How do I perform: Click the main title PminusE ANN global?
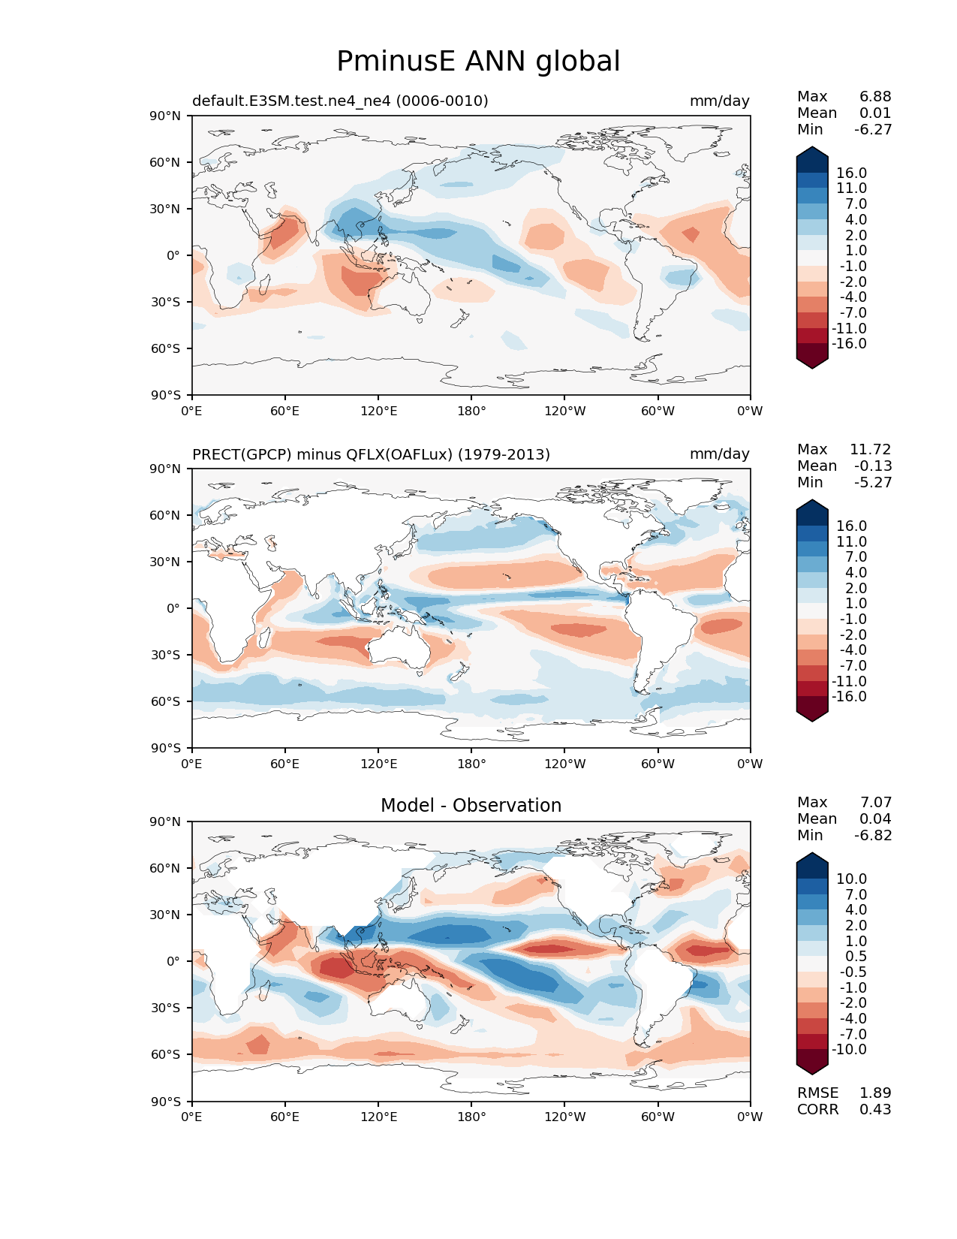pyautogui.click(x=478, y=62)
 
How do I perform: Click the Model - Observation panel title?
pyautogui.click(x=471, y=806)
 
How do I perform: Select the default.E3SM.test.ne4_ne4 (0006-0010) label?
pyautogui.click(x=340, y=101)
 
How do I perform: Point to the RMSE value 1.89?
pyautogui.click(x=875, y=1093)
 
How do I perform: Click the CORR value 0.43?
pyautogui.click(x=875, y=1109)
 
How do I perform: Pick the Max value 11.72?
pyautogui.click(x=870, y=449)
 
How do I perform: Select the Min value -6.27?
pyautogui.click(x=873, y=129)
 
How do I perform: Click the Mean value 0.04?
pyautogui.click(x=875, y=818)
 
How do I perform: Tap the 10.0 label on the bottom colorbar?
pyautogui.click(x=851, y=879)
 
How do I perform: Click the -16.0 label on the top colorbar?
pyautogui.click(x=849, y=343)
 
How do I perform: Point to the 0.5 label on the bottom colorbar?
pyautogui.click(x=856, y=956)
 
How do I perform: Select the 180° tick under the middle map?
pyautogui.click(x=471, y=764)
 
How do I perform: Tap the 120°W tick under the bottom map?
pyautogui.click(x=564, y=1117)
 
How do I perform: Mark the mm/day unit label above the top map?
pyautogui.click(x=719, y=101)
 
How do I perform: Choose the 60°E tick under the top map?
pyautogui.click(x=285, y=411)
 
